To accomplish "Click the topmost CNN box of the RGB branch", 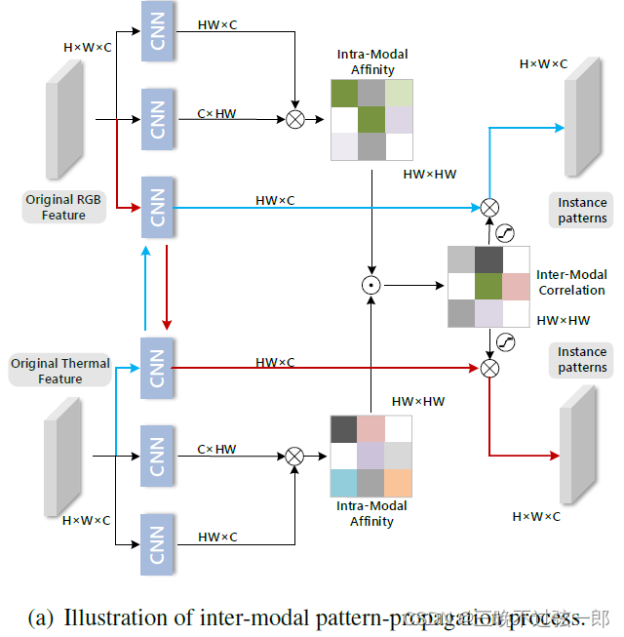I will pyautogui.click(x=157, y=31).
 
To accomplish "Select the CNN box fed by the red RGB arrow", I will pyautogui.click(x=157, y=206).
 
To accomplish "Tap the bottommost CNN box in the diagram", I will pyautogui.click(x=157, y=542).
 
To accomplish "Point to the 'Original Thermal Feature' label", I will pyautogui.click(x=60, y=371).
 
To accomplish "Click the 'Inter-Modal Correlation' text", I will pyautogui.click(x=570, y=283).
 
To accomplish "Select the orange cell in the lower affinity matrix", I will pyautogui.click(x=398, y=483).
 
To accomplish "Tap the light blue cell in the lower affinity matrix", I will pyautogui.click(x=344, y=483).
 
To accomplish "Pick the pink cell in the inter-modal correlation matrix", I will pyautogui.click(x=517, y=287).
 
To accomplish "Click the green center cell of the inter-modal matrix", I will pyautogui.click(x=489, y=287).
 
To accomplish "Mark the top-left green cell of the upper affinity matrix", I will pyautogui.click(x=345, y=93).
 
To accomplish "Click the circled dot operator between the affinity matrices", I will pyautogui.click(x=370, y=286).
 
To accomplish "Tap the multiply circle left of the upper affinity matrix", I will pyautogui.click(x=294, y=119).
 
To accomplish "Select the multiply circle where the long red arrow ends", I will pyautogui.click(x=490, y=367).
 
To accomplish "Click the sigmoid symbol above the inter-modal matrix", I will pyautogui.click(x=505, y=232).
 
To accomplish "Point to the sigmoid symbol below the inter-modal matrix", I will pyautogui.click(x=505, y=340).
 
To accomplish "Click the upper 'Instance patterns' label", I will pyautogui.click(x=582, y=211).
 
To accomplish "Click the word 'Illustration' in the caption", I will pyautogui.click(x=114, y=617).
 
